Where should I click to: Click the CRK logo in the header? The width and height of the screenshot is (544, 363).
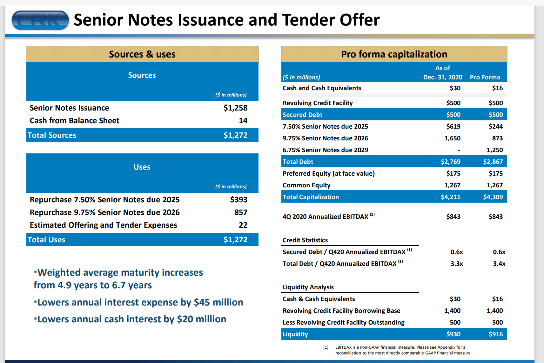click(x=40, y=20)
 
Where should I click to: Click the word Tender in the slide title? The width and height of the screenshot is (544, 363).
click(x=308, y=20)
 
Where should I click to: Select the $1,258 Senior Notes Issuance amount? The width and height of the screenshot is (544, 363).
click(x=235, y=108)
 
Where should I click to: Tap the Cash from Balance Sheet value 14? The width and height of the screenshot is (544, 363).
click(x=243, y=121)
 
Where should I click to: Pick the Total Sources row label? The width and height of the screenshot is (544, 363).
click(x=52, y=135)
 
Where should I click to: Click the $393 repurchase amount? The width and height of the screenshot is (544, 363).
click(x=238, y=200)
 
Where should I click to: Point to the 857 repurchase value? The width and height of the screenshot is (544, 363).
click(x=241, y=212)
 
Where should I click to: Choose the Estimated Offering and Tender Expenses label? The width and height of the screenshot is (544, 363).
click(x=103, y=225)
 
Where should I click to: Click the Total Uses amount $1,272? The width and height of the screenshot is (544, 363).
click(x=235, y=240)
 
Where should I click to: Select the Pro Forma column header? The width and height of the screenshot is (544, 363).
click(x=485, y=77)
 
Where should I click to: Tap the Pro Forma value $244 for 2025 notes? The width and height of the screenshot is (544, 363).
click(x=495, y=126)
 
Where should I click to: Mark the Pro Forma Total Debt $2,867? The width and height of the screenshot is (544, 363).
click(x=493, y=162)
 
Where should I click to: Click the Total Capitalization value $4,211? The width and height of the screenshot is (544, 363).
click(x=450, y=197)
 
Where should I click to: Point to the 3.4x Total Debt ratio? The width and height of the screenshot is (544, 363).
click(x=499, y=264)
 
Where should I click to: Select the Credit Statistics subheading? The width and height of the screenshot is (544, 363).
click(x=305, y=240)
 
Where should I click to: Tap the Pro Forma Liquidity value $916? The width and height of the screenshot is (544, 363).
click(x=495, y=334)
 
